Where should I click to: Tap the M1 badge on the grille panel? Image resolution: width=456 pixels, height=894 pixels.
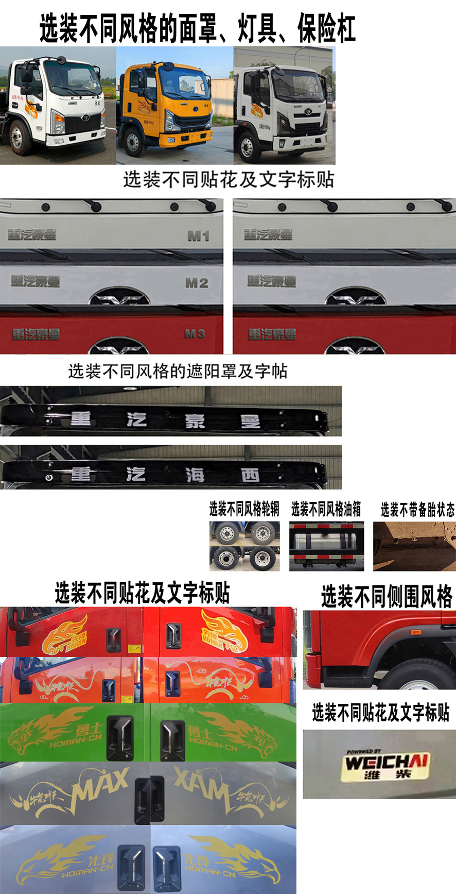point(198,236)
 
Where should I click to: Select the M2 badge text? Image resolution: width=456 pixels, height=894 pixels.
point(197,283)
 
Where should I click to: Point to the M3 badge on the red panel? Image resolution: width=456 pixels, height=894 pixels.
point(195,334)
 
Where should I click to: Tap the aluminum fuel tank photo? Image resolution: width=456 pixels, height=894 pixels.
point(326,546)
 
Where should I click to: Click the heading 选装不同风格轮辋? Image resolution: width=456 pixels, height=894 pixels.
point(244,510)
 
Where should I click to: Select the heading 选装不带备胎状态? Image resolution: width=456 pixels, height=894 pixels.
point(417,510)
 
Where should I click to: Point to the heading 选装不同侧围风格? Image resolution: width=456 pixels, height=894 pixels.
point(387,597)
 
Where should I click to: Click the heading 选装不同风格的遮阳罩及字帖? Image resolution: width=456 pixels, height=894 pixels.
point(178,371)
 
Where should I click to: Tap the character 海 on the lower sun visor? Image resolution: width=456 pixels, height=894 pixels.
point(195,475)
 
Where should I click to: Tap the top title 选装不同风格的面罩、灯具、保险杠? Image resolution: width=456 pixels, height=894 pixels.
point(197,28)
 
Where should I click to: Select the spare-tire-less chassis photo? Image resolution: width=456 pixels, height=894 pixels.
point(414,546)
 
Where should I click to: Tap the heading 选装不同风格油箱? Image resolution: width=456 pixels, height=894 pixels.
point(326,510)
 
